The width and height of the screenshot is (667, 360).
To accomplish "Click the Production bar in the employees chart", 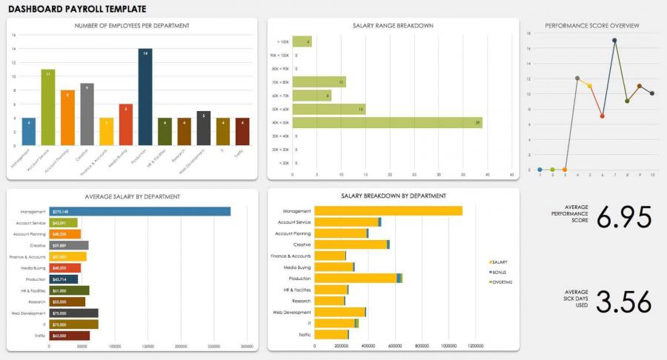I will pos(145,97).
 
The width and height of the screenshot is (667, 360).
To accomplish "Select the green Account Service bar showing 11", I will pos(48,107).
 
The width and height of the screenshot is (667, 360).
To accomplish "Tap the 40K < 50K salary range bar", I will pos(387,122).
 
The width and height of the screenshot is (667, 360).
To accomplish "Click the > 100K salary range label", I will pos(282,41).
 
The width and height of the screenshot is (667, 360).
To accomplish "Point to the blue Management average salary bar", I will pos(140,211).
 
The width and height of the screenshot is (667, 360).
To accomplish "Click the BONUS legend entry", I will pos(502,273).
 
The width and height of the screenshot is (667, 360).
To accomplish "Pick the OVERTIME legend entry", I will pos(504,282).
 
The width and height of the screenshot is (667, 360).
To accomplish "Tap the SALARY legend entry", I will pos(502,262).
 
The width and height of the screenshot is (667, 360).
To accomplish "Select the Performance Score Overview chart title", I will pos(592,26).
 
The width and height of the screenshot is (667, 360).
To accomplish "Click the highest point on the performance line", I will pos(614,40).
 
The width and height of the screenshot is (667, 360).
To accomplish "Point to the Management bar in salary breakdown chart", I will pos(388,211).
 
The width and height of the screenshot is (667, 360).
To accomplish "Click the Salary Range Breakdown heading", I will pos(393,26).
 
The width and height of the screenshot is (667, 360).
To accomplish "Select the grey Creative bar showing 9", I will pos(87,114).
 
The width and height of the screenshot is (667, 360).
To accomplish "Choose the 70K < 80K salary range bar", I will pos(319,82).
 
